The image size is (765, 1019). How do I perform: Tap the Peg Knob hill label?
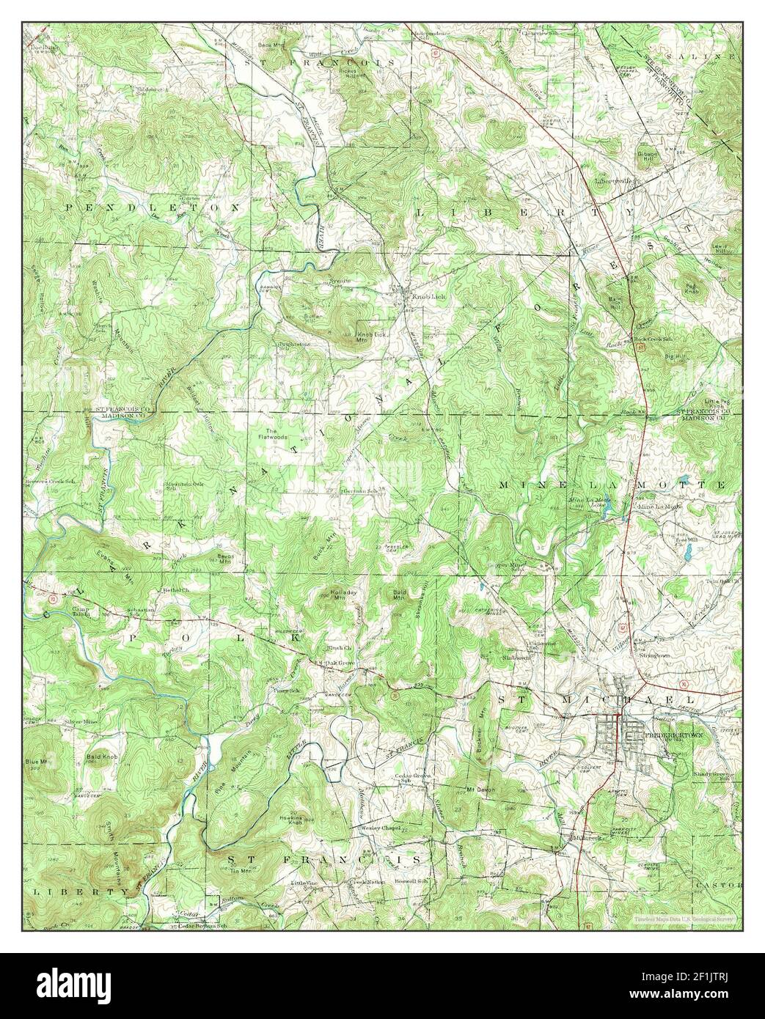coord(691,288)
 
